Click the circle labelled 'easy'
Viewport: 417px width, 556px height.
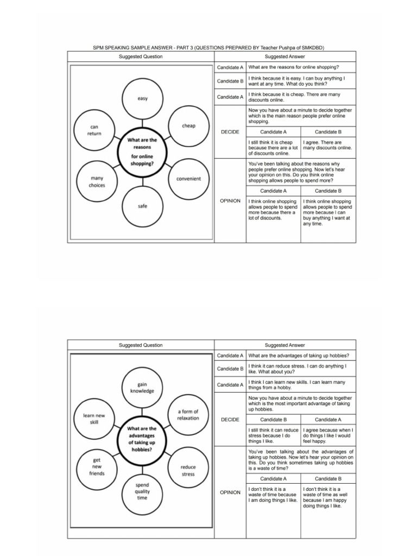[x=142, y=99]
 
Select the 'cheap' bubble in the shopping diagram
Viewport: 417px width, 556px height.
[x=188, y=126]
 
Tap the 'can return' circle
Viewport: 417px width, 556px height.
[x=94, y=130]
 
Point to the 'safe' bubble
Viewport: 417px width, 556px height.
[x=142, y=206]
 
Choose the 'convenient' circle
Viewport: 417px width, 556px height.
[x=188, y=179]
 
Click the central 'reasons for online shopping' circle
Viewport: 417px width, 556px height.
[x=142, y=151]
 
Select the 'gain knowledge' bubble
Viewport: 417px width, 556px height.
[x=142, y=388]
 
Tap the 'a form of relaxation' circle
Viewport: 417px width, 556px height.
[x=188, y=415]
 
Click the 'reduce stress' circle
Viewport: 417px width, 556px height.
[x=188, y=470]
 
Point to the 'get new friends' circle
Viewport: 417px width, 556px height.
[x=97, y=466]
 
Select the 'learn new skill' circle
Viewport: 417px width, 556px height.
[x=94, y=419]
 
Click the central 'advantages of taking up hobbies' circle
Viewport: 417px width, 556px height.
[x=142, y=439]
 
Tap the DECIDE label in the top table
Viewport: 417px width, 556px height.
[x=230, y=132]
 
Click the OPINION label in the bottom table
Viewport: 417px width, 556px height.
[x=230, y=492]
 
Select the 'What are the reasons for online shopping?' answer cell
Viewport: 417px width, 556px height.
[x=301, y=67]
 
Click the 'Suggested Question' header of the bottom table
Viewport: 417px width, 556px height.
[x=141, y=345]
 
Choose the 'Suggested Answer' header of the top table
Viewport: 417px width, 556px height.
[x=285, y=56]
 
